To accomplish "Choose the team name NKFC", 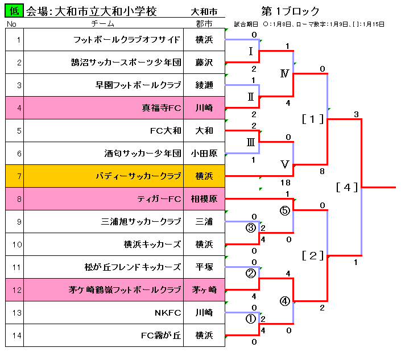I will (168, 313).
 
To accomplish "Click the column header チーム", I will (102, 24).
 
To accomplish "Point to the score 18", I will (286, 181).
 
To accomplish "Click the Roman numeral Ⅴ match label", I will (285, 164).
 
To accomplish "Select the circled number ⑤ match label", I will (285, 210).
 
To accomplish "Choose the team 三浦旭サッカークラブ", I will (141, 222).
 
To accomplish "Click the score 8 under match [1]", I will (323, 171).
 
